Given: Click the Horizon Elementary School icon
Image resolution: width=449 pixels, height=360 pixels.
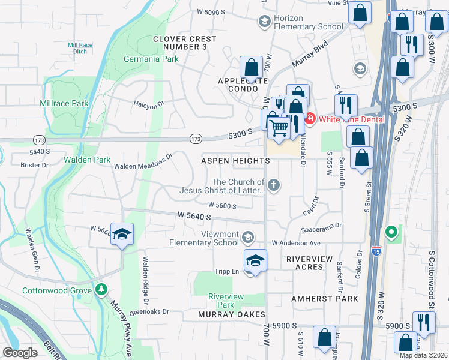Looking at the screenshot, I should pos(264,22).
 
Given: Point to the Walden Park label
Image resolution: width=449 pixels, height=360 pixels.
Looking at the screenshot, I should pos(88,160).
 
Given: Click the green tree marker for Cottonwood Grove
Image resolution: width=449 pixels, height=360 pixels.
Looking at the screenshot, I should pos(101,290).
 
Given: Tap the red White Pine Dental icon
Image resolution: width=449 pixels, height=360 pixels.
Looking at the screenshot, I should pos(310,119).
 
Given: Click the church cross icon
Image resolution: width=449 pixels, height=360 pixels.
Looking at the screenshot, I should pos(274,185).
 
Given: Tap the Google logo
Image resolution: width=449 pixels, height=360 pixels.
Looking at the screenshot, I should pos(20,352).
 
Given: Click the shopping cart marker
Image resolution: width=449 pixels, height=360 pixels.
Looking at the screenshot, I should pos(279,128).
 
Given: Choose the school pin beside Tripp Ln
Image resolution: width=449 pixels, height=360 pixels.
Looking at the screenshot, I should pos(255,261).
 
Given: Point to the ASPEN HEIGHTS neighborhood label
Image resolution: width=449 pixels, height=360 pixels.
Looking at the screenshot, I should pos(235,161).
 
